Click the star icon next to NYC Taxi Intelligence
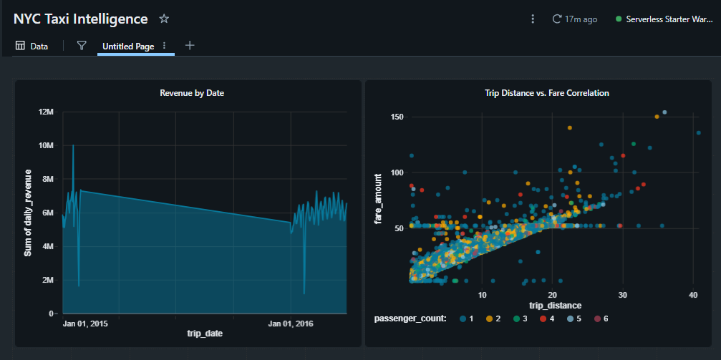click(164, 19)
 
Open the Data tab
click(32, 46)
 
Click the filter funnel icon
click(82, 46)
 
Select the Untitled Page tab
click(128, 46)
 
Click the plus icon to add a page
click(190, 46)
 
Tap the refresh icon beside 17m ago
click(557, 19)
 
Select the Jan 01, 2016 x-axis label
click(290, 324)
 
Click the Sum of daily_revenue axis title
click(28, 213)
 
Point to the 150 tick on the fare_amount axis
click(398, 117)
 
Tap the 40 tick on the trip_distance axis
click(693, 296)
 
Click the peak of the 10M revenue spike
click(73, 146)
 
